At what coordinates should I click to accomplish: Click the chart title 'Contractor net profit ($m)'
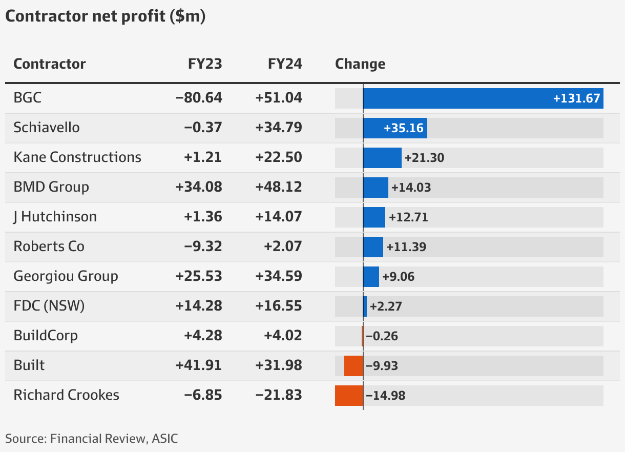pyautogui.click(x=105, y=16)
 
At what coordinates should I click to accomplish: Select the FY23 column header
pyautogui.click(x=204, y=64)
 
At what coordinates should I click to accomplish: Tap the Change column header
pyautogui.click(x=360, y=64)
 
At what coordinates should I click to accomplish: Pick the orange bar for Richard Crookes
pyautogui.click(x=349, y=396)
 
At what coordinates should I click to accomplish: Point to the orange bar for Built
pyautogui.click(x=353, y=366)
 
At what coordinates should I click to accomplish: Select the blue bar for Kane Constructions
pyautogui.click(x=382, y=158)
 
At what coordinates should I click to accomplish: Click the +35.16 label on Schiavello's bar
pyautogui.click(x=404, y=128)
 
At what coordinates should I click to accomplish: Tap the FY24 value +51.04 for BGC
pyautogui.click(x=279, y=98)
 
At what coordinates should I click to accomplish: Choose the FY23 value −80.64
pyautogui.click(x=199, y=98)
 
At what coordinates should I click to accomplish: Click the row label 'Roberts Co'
pyautogui.click(x=49, y=246)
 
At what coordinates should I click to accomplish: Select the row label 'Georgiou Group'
pyautogui.click(x=66, y=276)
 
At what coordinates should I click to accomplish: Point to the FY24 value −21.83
pyautogui.click(x=279, y=396)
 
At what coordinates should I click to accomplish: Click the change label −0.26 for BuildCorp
pyautogui.click(x=382, y=336)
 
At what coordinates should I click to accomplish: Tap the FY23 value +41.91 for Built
pyautogui.click(x=199, y=366)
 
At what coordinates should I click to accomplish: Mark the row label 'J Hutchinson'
pyautogui.click(x=55, y=217)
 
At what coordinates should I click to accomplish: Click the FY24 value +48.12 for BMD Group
pyautogui.click(x=279, y=188)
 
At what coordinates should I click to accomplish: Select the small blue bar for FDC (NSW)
pyautogui.click(x=365, y=306)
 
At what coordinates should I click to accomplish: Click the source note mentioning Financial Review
pyautogui.click(x=92, y=438)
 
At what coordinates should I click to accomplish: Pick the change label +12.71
pyautogui.click(x=408, y=217)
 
